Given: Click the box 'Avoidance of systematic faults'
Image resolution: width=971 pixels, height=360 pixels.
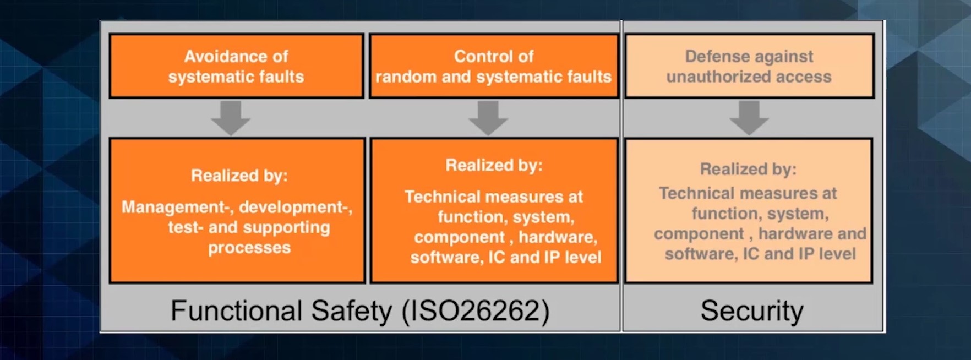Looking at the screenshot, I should click(x=236, y=66).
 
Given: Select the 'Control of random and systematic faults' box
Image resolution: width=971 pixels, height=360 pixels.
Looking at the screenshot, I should click(x=494, y=66).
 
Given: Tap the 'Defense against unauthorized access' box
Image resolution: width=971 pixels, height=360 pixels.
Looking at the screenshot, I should click(x=749, y=66).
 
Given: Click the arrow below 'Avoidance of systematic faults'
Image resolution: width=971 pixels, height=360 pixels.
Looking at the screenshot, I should click(x=231, y=117).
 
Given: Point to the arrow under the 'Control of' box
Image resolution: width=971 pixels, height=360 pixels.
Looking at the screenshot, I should click(x=488, y=117).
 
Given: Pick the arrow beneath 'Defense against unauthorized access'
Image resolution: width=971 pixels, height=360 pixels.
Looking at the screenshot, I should click(x=749, y=117).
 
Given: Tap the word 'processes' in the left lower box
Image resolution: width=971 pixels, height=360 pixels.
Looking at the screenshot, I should click(x=249, y=248).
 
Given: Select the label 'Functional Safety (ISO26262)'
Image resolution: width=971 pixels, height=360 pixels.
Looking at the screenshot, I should click(x=360, y=311).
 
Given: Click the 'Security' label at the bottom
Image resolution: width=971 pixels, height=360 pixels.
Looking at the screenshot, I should click(x=752, y=311).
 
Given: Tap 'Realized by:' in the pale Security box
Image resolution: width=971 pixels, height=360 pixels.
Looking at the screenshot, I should click(x=748, y=169).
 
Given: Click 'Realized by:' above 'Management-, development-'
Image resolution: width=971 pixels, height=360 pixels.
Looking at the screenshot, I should click(x=239, y=176).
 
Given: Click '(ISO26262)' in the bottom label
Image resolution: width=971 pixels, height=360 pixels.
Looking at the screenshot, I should click(x=476, y=311).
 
